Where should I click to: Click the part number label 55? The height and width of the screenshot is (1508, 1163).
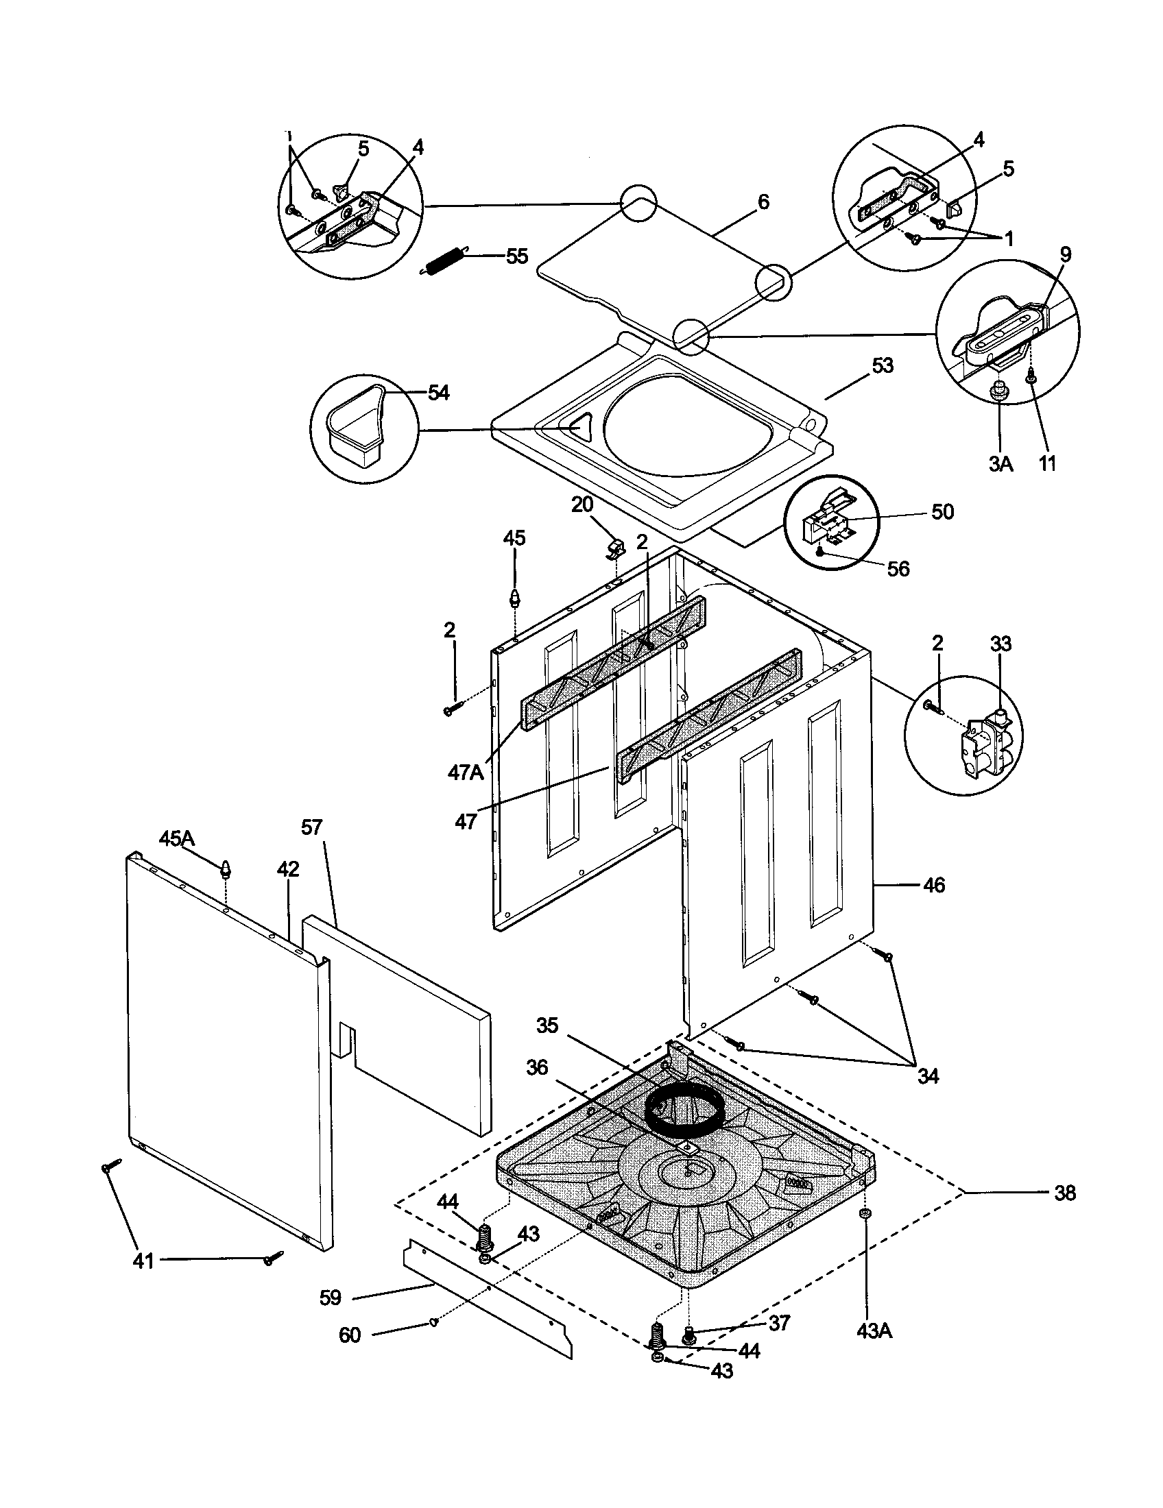pyautogui.click(x=516, y=257)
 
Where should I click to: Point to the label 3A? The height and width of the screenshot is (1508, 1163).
pyautogui.click(x=1000, y=464)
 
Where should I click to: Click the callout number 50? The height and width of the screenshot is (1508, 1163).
pyautogui.click(x=943, y=512)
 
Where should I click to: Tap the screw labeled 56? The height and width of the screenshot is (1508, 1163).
pyautogui.click(x=819, y=551)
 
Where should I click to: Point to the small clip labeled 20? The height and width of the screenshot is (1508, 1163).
pyautogui.click(x=614, y=549)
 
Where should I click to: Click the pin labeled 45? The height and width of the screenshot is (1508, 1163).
pyautogui.click(x=514, y=597)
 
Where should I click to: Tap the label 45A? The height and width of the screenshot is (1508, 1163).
pyautogui.click(x=178, y=839)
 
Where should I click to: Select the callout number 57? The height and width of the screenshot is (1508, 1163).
pyautogui.click(x=312, y=827)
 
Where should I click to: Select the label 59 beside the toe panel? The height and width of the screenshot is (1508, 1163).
pyautogui.click(x=330, y=1298)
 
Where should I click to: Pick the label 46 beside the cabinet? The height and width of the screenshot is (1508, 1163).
pyautogui.click(x=934, y=885)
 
